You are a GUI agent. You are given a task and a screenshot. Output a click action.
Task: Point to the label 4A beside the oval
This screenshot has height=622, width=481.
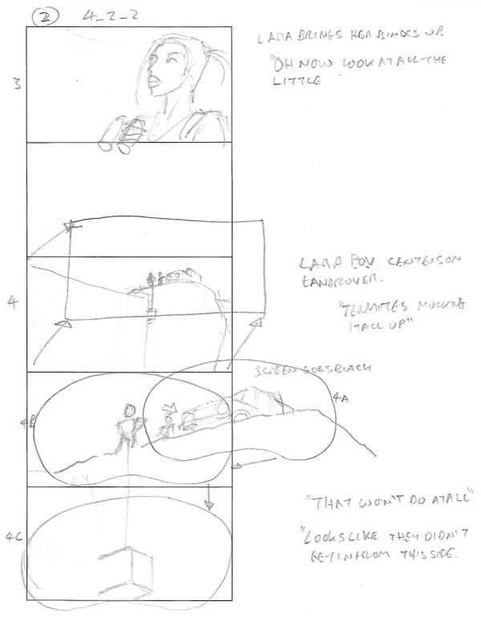click(x=340, y=396)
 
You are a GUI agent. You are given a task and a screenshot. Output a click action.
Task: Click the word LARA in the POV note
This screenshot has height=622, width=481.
click(x=314, y=263)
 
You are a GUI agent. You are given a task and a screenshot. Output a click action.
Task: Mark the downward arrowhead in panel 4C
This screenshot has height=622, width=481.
click(x=209, y=505)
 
